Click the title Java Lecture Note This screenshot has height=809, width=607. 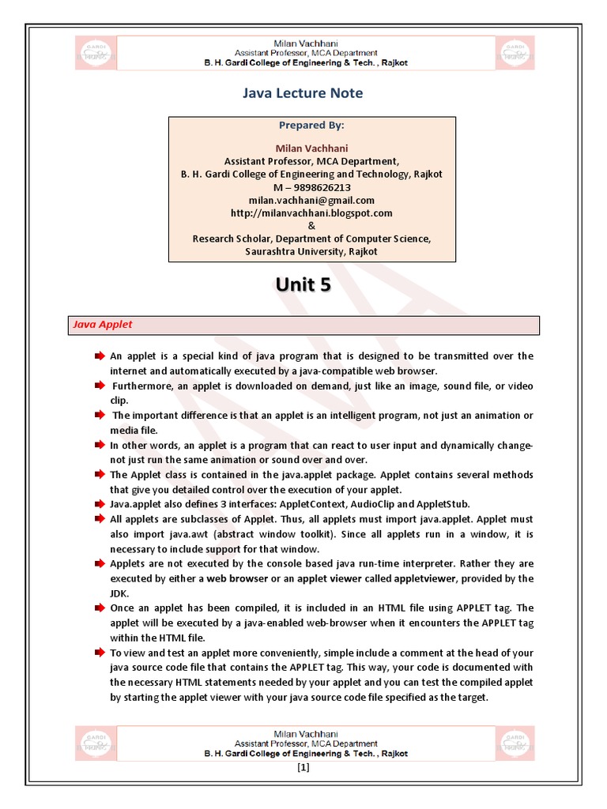[x=303, y=93]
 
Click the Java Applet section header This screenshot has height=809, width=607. [x=103, y=325]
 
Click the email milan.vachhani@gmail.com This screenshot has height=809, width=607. [x=311, y=200]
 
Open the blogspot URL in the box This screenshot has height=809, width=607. [x=311, y=213]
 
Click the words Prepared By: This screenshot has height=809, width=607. [x=311, y=125]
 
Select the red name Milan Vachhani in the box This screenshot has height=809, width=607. [x=311, y=149]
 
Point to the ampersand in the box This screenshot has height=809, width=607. [x=311, y=226]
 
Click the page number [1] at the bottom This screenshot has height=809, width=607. [x=303, y=768]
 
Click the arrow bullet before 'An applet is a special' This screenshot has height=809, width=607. [x=100, y=356]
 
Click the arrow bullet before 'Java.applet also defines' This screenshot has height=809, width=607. [x=100, y=504]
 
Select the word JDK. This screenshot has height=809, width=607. [x=119, y=593]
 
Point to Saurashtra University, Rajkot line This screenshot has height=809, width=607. [x=311, y=251]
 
